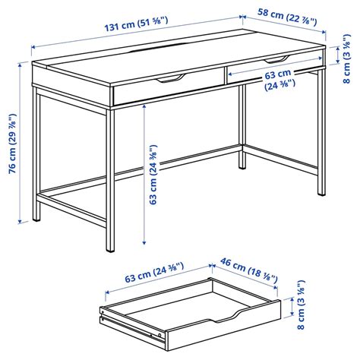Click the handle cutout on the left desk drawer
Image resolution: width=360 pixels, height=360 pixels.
click(170, 77)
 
